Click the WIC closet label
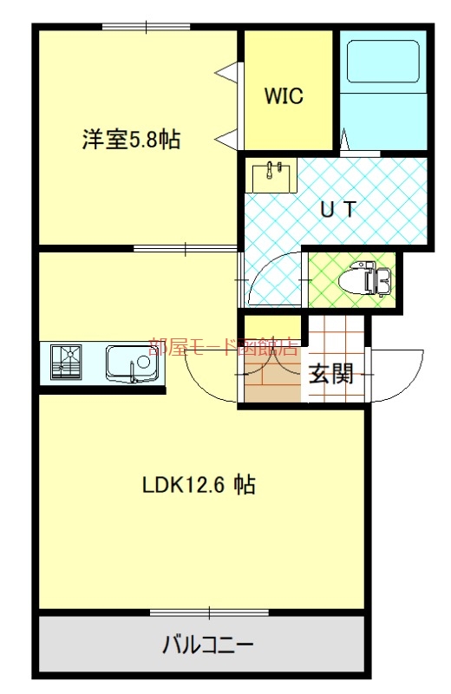(284, 95)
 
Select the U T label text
(339, 208)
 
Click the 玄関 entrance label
(331, 375)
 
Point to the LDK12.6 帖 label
(199, 485)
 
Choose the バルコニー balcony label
(207, 645)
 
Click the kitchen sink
(133, 363)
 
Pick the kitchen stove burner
(67, 362)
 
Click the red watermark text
(224, 348)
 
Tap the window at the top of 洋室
(146, 27)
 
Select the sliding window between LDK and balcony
(209, 612)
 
